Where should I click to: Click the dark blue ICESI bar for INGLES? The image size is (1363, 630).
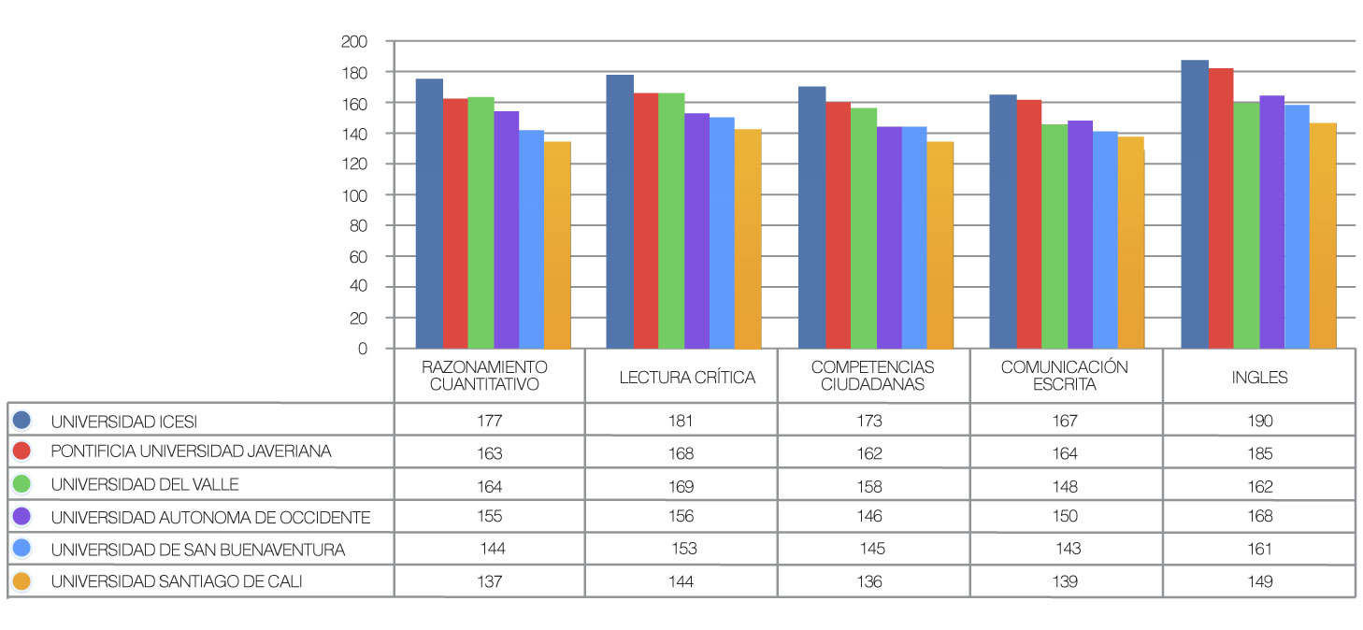(1195, 206)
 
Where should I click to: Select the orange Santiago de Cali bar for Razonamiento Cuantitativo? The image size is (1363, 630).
(557, 245)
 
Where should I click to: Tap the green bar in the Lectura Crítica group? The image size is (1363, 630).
(671, 221)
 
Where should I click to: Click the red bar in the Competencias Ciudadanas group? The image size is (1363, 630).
(838, 225)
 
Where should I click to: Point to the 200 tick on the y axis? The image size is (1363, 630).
(355, 42)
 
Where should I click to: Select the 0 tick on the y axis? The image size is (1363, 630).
(362, 349)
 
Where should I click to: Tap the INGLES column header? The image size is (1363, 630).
(1259, 378)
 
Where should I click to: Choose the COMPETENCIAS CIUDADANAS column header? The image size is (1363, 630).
(872, 376)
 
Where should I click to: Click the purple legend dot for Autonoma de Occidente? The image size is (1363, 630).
(23, 517)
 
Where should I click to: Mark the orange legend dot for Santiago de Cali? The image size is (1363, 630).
(23, 581)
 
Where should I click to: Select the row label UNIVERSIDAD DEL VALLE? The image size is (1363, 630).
(145, 484)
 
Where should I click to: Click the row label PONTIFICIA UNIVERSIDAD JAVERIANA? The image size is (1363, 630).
(191, 451)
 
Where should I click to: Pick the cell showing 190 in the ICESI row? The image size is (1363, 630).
(1259, 421)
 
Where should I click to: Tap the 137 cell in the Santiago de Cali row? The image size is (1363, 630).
(489, 581)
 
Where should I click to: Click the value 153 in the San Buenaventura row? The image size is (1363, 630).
(684, 549)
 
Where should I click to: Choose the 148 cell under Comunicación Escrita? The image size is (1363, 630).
(1064, 486)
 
